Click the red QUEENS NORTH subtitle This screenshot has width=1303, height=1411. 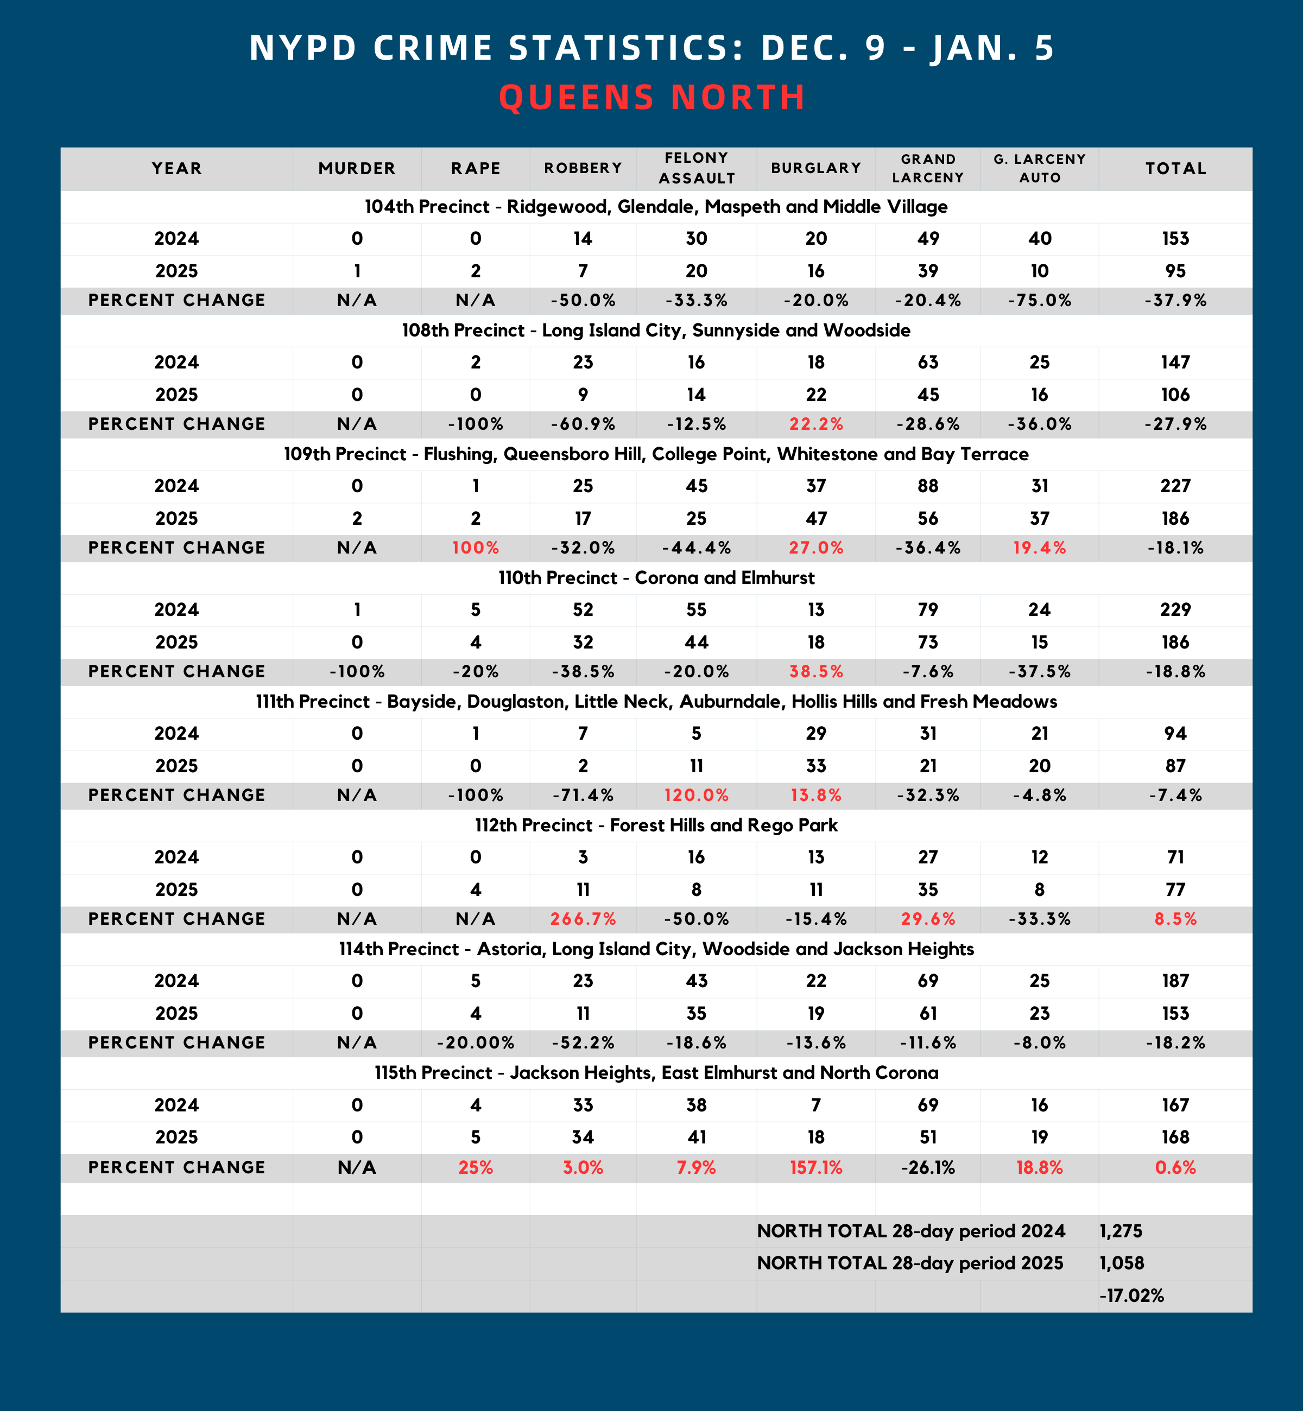(651, 97)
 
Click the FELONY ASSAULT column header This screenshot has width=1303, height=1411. (697, 168)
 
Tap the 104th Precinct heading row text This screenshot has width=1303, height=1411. (656, 207)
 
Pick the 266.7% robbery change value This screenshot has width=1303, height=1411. (583, 919)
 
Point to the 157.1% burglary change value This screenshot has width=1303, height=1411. (816, 1168)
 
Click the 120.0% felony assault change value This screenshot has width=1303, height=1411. (697, 795)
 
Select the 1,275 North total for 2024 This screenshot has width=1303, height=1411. (1121, 1231)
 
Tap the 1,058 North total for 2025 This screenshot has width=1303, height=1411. (1121, 1263)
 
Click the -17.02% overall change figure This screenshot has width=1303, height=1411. (1131, 1295)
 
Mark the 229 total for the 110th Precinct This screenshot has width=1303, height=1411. (1175, 609)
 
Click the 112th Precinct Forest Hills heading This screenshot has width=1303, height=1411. (656, 825)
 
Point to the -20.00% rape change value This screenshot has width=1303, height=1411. (476, 1043)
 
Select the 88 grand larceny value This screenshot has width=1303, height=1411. (928, 486)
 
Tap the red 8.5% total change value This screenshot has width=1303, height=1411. (1175, 919)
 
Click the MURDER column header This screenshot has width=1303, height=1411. (357, 168)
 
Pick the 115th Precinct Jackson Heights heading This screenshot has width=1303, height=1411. (656, 1073)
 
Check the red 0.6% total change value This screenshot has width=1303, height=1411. (1175, 1168)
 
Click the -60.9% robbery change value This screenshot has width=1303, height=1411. (583, 424)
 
